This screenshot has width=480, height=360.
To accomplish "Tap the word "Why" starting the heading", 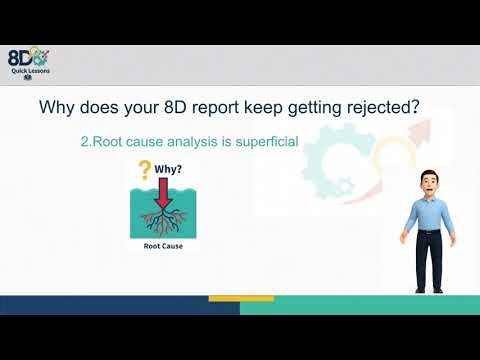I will [x=55, y=107].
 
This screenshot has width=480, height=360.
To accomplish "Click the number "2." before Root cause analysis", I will [x=86, y=143].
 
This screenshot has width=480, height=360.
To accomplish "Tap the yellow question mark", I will [x=144, y=171].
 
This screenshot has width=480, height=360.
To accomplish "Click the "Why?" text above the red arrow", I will [x=170, y=170].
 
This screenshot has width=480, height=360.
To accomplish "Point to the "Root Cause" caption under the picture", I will [x=156, y=245].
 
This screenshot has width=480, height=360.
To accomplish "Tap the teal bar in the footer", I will [x=360, y=305].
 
